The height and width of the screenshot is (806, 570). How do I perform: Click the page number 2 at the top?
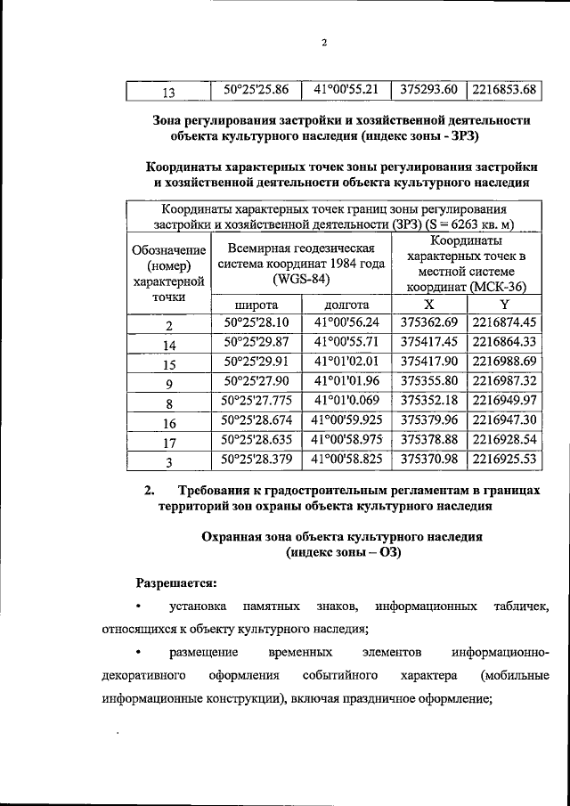[325, 43]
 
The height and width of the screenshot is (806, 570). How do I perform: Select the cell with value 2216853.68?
[504, 89]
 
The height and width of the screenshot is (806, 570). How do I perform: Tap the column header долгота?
[346, 305]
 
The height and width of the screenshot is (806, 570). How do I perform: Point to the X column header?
[428, 305]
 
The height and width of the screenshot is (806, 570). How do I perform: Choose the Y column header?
[504, 305]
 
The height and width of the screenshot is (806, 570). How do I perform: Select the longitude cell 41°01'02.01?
[346, 362]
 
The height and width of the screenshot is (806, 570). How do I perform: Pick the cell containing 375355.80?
[428, 381]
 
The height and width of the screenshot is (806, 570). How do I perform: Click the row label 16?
[168, 423]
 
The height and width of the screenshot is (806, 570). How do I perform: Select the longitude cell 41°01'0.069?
[346, 401]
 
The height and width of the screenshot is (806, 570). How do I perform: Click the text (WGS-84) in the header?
[302, 280]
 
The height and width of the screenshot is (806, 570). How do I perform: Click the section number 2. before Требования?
[151, 490]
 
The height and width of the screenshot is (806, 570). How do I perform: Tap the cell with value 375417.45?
[428, 342]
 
